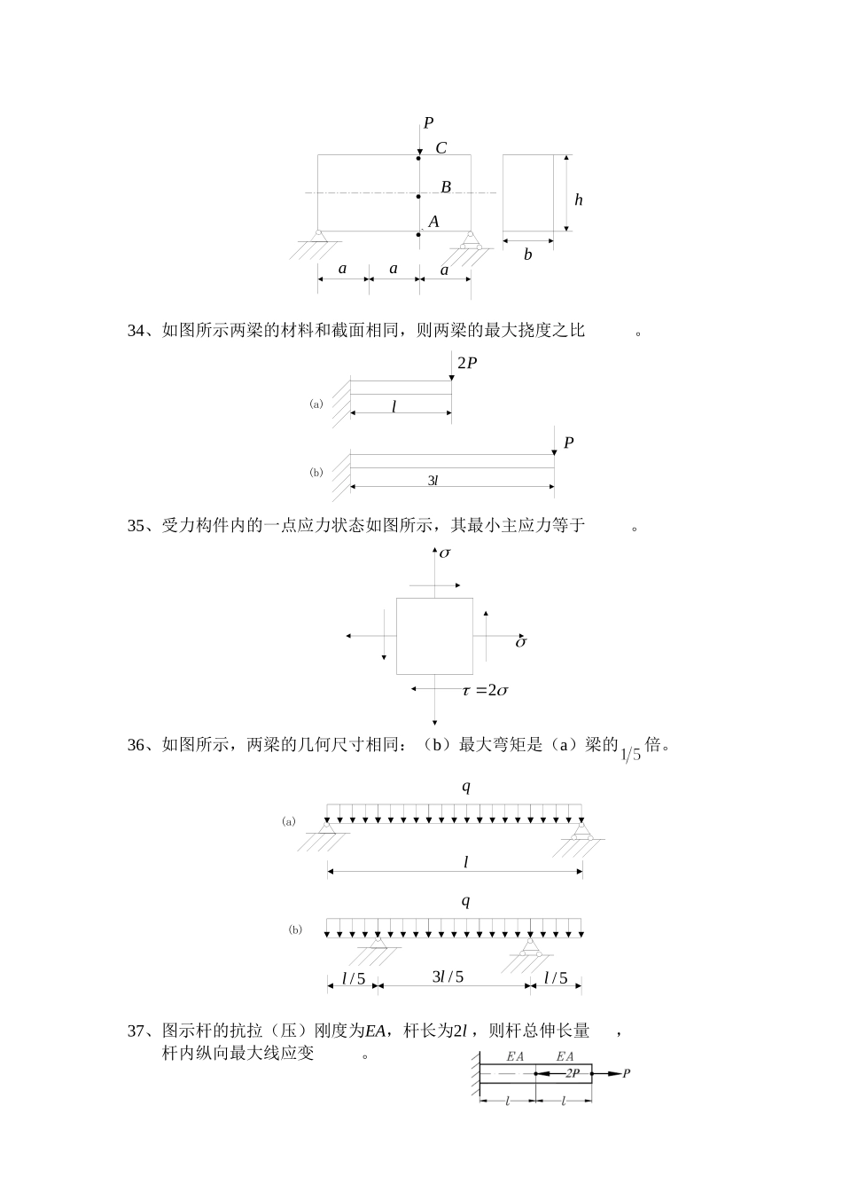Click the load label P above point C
(428, 123)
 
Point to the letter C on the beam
(440, 148)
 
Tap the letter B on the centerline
(446, 187)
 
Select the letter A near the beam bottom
(434, 222)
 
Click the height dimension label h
(579, 200)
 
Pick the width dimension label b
(527, 255)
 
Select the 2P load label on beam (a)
(467, 363)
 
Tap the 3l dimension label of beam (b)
(433, 480)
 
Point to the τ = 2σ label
(485, 690)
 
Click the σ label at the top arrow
(445, 553)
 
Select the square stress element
(434, 636)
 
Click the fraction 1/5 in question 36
(630, 755)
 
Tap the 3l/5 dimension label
(448, 977)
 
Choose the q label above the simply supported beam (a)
(465, 786)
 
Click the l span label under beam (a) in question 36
(465, 861)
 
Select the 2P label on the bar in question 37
(573, 1073)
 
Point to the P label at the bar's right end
(627, 1074)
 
